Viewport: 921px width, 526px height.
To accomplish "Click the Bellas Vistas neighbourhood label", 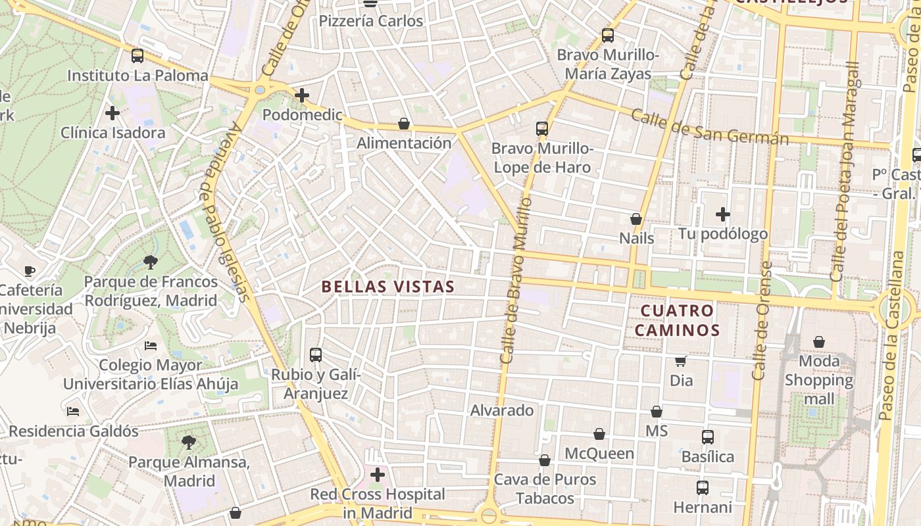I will pyautogui.click(x=388, y=287).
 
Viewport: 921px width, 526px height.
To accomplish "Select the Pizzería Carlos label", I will pyautogui.click(x=371, y=21).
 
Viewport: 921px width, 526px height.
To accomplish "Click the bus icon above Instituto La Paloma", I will pyautogui.click(x=137, y=56).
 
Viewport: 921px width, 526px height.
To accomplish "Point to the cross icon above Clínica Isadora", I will pyautogui.click(x=112, y=113).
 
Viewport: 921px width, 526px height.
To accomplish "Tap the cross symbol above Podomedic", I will pyautogui.click(x=302, y=95).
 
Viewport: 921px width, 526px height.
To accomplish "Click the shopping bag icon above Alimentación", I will pyautogui.click(x=404, y=124).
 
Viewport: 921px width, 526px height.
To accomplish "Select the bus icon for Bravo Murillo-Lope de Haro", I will pyautogui.click(x=542, y=129).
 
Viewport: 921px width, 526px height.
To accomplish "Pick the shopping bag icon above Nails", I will pyautogui.click(x=636, y=218).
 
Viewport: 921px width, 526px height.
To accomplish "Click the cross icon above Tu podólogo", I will pyautogui.click(x=723, y=214).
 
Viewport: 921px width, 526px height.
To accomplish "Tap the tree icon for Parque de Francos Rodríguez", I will pyautogui.click(x=151, y=262).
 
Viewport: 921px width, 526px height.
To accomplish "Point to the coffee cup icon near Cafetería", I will pyautogui.click(x=30, y=270).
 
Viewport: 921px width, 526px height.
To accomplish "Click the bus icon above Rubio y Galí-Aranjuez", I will pyautogui.click(x=316, y=355).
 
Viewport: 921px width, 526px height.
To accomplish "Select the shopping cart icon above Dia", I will pyautogui.click(x=681, y=361).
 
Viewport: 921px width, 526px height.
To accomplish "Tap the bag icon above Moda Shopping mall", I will pyautogui.click(x=819, y=342).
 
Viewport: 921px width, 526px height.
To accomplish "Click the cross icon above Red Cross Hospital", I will pyautogui.click(x=378, y=474).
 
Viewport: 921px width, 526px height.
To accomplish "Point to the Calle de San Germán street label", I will pyautogui.click(x=709, y=127).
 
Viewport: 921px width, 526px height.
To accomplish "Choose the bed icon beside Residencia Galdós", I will pyautogui.click(x=73, y=412).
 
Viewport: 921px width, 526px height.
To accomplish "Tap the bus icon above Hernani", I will pyautogui.click(x=703, y=488).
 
